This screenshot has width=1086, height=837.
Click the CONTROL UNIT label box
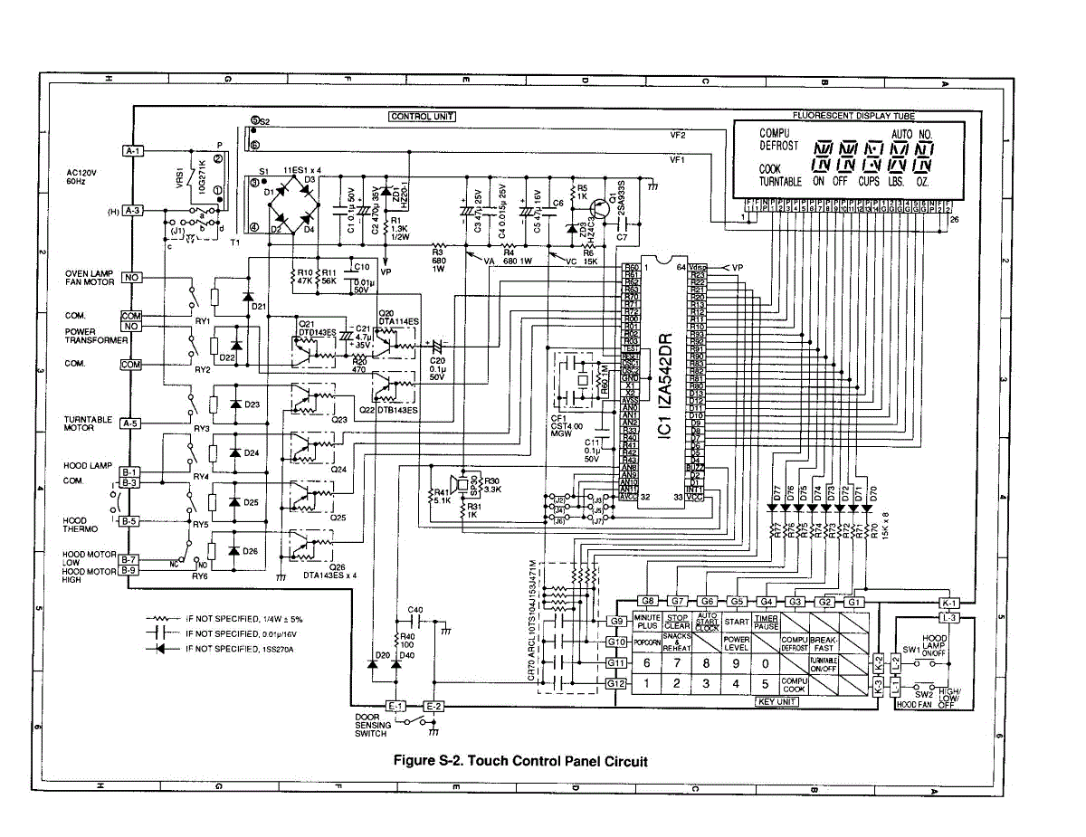click(x=422, y=116)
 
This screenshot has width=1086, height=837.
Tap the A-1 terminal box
click(x=132, y=151)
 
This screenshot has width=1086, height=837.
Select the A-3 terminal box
click(x=132, y=210)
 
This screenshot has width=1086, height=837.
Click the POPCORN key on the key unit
click(x=646, y=642)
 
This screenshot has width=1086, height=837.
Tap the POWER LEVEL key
click(x=736, y=642)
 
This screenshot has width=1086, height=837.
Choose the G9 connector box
click(x=617, y=622)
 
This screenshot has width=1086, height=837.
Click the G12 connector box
click(x=617, y=683)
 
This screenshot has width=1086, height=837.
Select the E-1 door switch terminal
click(x=395, y=706)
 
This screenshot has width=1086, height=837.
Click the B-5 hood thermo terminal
click(x=129, y=521)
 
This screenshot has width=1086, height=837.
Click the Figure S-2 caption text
click(x=520, y=761)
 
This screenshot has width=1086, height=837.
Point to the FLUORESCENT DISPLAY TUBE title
click(x=853, y=116)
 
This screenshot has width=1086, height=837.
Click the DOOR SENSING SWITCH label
click(x=373, y=726)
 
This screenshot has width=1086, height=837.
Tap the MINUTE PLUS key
click(x=647, y=623)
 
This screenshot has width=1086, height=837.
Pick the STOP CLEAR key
click(x=677, y=623)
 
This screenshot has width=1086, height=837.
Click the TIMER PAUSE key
click(x=766, y=623)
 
